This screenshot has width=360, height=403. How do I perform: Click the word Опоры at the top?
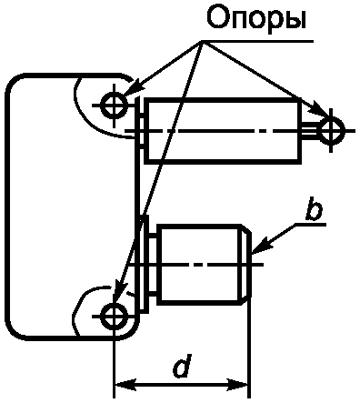(x=256, y=19)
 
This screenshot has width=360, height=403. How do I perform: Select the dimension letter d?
(x=182, y=366)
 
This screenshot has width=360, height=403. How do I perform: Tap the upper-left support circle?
(x=114, y=106)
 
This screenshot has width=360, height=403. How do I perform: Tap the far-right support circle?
(x=332, y=131)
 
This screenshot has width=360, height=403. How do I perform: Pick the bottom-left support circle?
(x=114, y=317)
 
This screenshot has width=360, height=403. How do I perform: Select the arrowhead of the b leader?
(x=261, y=245)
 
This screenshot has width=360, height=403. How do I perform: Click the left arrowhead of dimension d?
(x=125, y=386)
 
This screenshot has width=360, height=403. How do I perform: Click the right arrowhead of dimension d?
(x=237, y=386)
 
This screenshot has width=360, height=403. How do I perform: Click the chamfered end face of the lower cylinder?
(x=247, y=264)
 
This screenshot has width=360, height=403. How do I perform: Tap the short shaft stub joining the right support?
(x=310, y=131)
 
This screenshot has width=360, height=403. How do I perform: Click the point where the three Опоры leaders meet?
(x=203, y=41)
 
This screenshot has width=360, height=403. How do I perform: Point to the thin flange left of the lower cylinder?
(x=145, y=263)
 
